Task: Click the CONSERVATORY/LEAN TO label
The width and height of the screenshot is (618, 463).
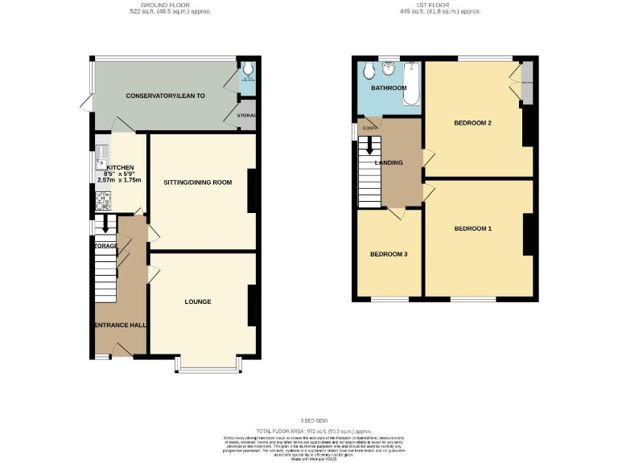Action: pos(165,96)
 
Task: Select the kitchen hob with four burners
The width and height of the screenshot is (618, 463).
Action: pos(102,204)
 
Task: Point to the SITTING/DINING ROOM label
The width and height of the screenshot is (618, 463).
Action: pos(197,182)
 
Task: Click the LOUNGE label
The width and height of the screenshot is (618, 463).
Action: pos(197,301)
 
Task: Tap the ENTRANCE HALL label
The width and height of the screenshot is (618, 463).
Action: pos(120,325)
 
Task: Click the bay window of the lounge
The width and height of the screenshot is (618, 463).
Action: pos(208,367)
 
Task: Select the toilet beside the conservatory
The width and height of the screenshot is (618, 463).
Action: pos(248,72)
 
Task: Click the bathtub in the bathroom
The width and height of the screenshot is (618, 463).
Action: pos(412,86)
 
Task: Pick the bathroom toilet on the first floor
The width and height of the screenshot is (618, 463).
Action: pos(369,71)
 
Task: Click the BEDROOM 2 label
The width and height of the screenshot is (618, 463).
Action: pos(472,123)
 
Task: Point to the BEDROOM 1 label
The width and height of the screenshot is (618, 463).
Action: pos(472,228)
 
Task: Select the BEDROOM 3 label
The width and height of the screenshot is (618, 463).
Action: pos(389,254)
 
